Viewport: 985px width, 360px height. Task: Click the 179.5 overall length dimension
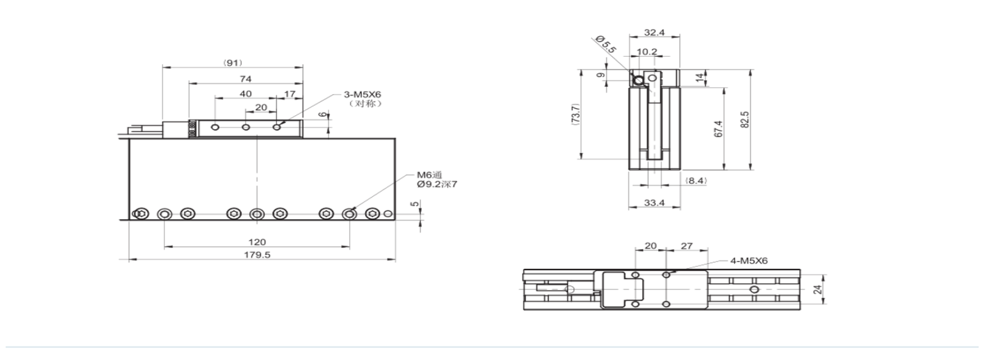(257, 255)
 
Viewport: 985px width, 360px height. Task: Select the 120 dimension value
(257, 242)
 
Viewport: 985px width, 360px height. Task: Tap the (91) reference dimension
(233, 63)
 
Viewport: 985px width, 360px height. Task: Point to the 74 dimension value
(246, 79)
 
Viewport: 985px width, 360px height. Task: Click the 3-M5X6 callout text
(363, 95)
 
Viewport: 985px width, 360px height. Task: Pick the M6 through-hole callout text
(430, 175)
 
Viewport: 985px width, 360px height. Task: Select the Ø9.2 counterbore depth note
(437, 185)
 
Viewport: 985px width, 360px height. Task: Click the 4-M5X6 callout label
(749, 261)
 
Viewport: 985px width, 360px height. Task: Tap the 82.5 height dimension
(744, 119)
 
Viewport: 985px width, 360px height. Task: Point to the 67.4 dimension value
(718, 129)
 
